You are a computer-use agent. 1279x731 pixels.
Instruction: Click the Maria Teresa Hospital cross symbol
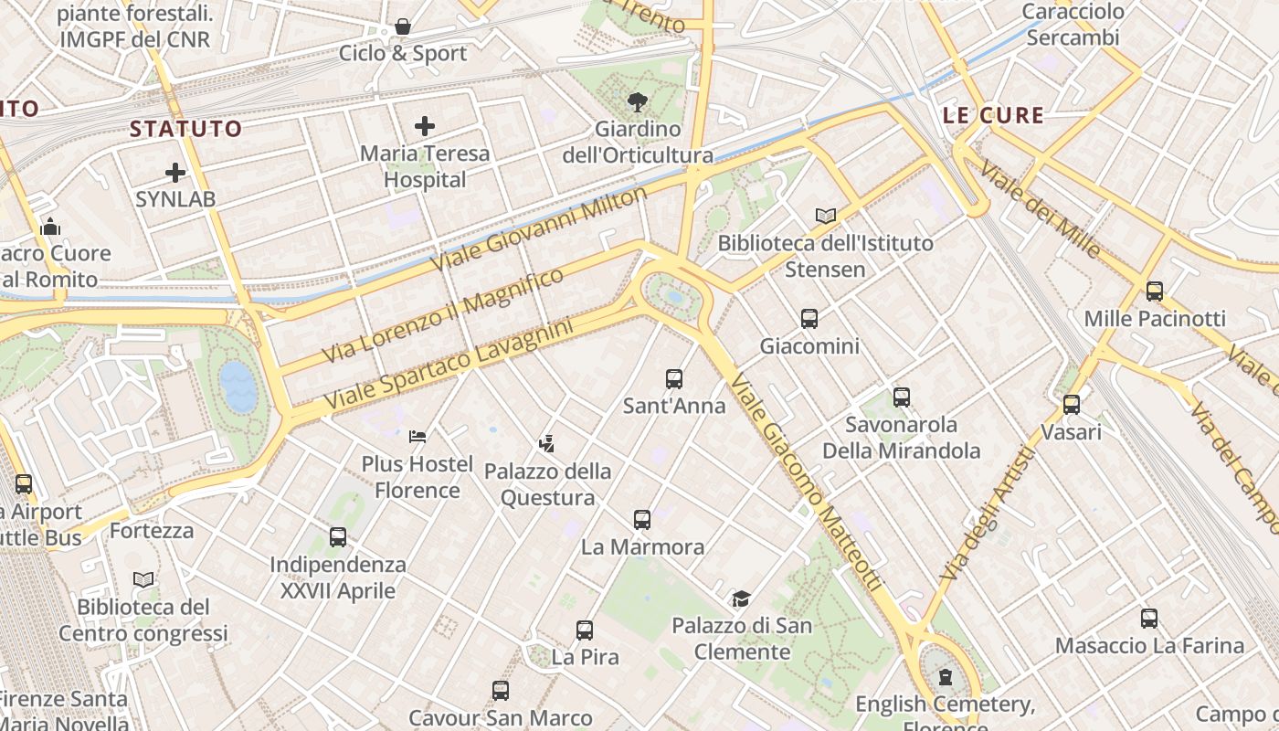click(x=425, y=126)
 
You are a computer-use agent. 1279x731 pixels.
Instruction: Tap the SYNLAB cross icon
click(x=174, y=172)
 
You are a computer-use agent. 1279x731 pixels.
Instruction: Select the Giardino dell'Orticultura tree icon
click(x=637, y=102)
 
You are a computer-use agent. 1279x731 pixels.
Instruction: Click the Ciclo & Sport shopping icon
click(x=402, y=26)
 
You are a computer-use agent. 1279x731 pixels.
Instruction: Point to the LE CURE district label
click(x=993, y=115)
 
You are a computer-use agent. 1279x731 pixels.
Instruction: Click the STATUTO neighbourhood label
click(x=185, y=129)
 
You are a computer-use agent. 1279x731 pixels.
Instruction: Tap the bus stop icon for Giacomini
click(x=809, y=319)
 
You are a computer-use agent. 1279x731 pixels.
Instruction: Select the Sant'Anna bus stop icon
click(x=674, y=379)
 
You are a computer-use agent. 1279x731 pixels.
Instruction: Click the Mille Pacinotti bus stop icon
click(x=1155, y=291)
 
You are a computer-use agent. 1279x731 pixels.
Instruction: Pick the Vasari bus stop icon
click(x=1072, y=404)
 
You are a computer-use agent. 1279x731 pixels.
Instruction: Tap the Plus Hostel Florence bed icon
click(x=418, y=437)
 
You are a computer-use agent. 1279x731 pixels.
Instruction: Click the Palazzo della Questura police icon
click(x=547, y=444)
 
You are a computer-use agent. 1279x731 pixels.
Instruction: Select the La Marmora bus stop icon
click(x=642, y=520)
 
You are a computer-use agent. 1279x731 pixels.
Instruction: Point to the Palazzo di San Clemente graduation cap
click(x=741, y=599)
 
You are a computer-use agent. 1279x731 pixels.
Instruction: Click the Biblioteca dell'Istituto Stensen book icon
click(x=826, y=216)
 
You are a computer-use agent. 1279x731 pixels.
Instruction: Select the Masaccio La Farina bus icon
click(x=1149, y=619)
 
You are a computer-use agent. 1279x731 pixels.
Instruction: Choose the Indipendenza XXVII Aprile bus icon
click(x=338, y=537)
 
